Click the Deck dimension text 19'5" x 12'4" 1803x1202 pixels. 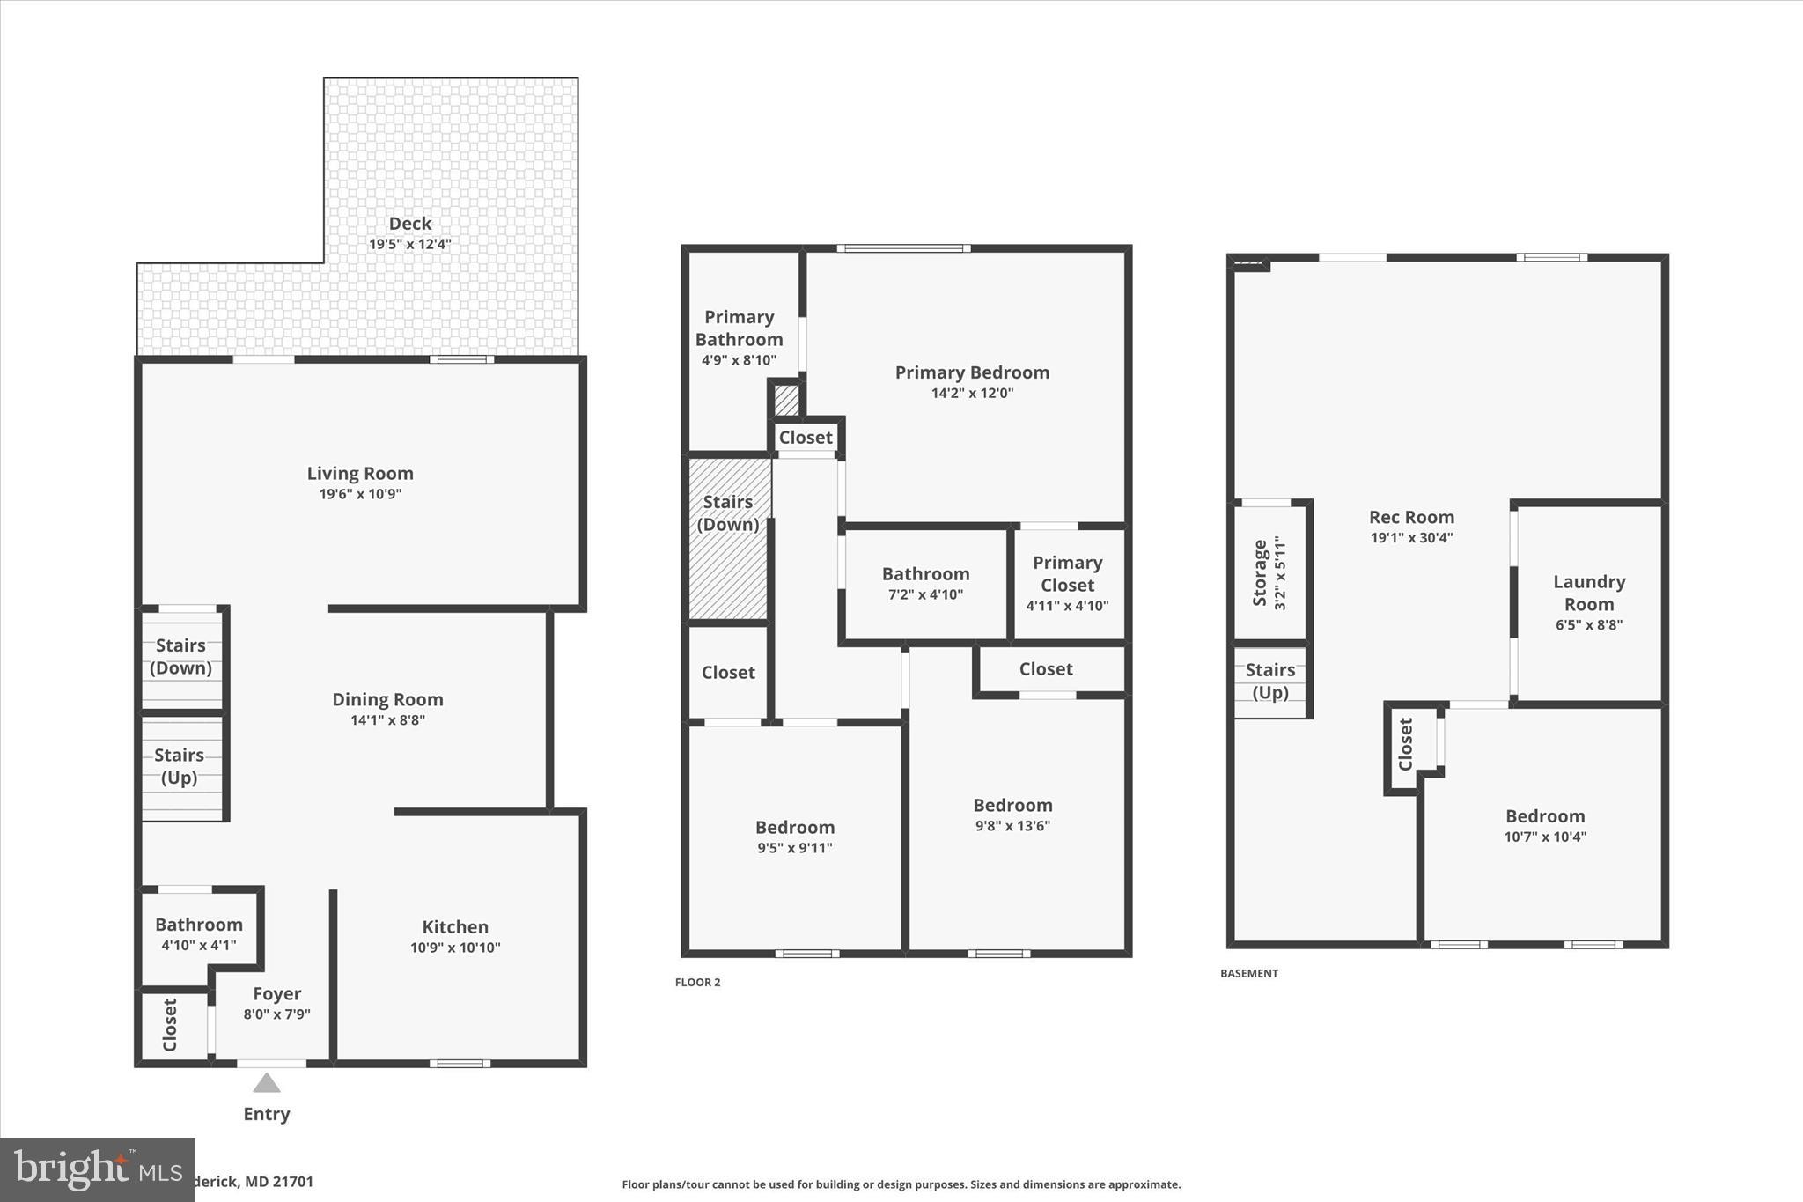(409, 244)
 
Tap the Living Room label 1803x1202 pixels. (360, 473)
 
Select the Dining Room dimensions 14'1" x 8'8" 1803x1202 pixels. (387, 720)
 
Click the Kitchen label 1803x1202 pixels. (454, 926)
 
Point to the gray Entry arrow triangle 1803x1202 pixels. (266, 1084)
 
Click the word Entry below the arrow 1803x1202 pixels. (266, 1114)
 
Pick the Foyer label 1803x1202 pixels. (276, 993)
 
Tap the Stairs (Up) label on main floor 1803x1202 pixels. (180, 766)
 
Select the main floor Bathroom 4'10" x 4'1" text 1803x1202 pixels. (199, 946)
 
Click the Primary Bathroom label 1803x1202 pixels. (739, 328)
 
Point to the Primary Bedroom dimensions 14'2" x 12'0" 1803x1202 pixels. (972, 394)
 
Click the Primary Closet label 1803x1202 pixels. (1067, 573)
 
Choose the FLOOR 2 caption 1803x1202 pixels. (697, 983)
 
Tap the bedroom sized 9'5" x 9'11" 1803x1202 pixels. (794, 837)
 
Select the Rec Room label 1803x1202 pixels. (1411, 517)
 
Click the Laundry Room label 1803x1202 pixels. (1588, 593)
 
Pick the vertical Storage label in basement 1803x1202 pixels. (1260, 573)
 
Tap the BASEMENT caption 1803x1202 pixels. (1248, 974)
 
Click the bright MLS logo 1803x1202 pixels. (97, 1169)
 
